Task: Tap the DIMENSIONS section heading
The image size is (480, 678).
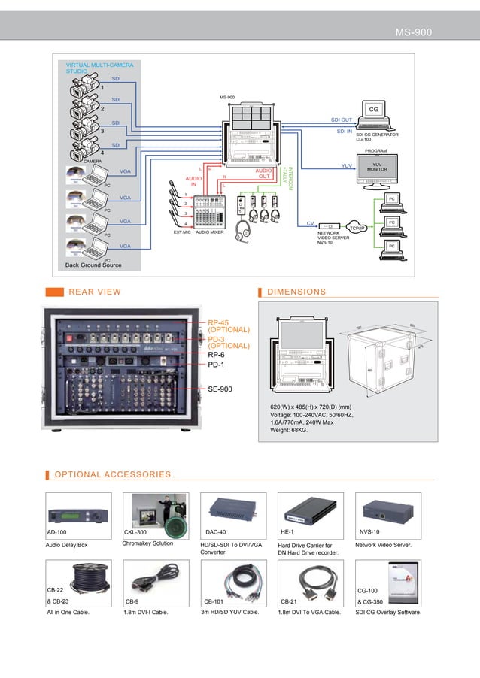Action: pos(296,292)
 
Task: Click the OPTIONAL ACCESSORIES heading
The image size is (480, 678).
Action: pos(113,474)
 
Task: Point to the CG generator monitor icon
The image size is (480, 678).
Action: pos(372,112)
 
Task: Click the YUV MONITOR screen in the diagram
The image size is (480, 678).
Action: pos(376,168)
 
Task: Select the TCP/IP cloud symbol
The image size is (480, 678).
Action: pos(357,227)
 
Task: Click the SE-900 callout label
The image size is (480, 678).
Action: pos(220,390)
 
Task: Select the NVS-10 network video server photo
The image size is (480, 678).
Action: pos(387,510)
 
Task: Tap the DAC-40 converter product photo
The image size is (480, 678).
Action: pos(232,510)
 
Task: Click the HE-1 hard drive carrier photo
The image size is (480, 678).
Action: pos(310,510)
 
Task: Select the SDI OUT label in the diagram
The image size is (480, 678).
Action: pos(342,120)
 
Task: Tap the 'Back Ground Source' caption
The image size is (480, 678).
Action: pos(93,265)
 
